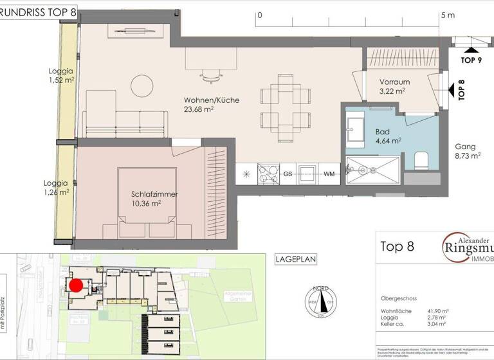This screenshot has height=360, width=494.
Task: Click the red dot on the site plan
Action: tap(76, 285)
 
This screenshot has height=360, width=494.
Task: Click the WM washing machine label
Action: tap(329, 174)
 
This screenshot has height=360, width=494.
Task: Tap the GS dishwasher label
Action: tap(288, 174)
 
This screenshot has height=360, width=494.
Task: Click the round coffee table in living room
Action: tap(142, 85)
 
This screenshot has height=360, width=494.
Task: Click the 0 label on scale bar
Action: tap(259, 14)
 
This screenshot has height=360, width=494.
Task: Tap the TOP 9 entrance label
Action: tap(471, 60)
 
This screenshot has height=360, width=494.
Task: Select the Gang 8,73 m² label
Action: tap(468, 151)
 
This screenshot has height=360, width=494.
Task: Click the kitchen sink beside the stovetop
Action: tap(308, 172)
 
